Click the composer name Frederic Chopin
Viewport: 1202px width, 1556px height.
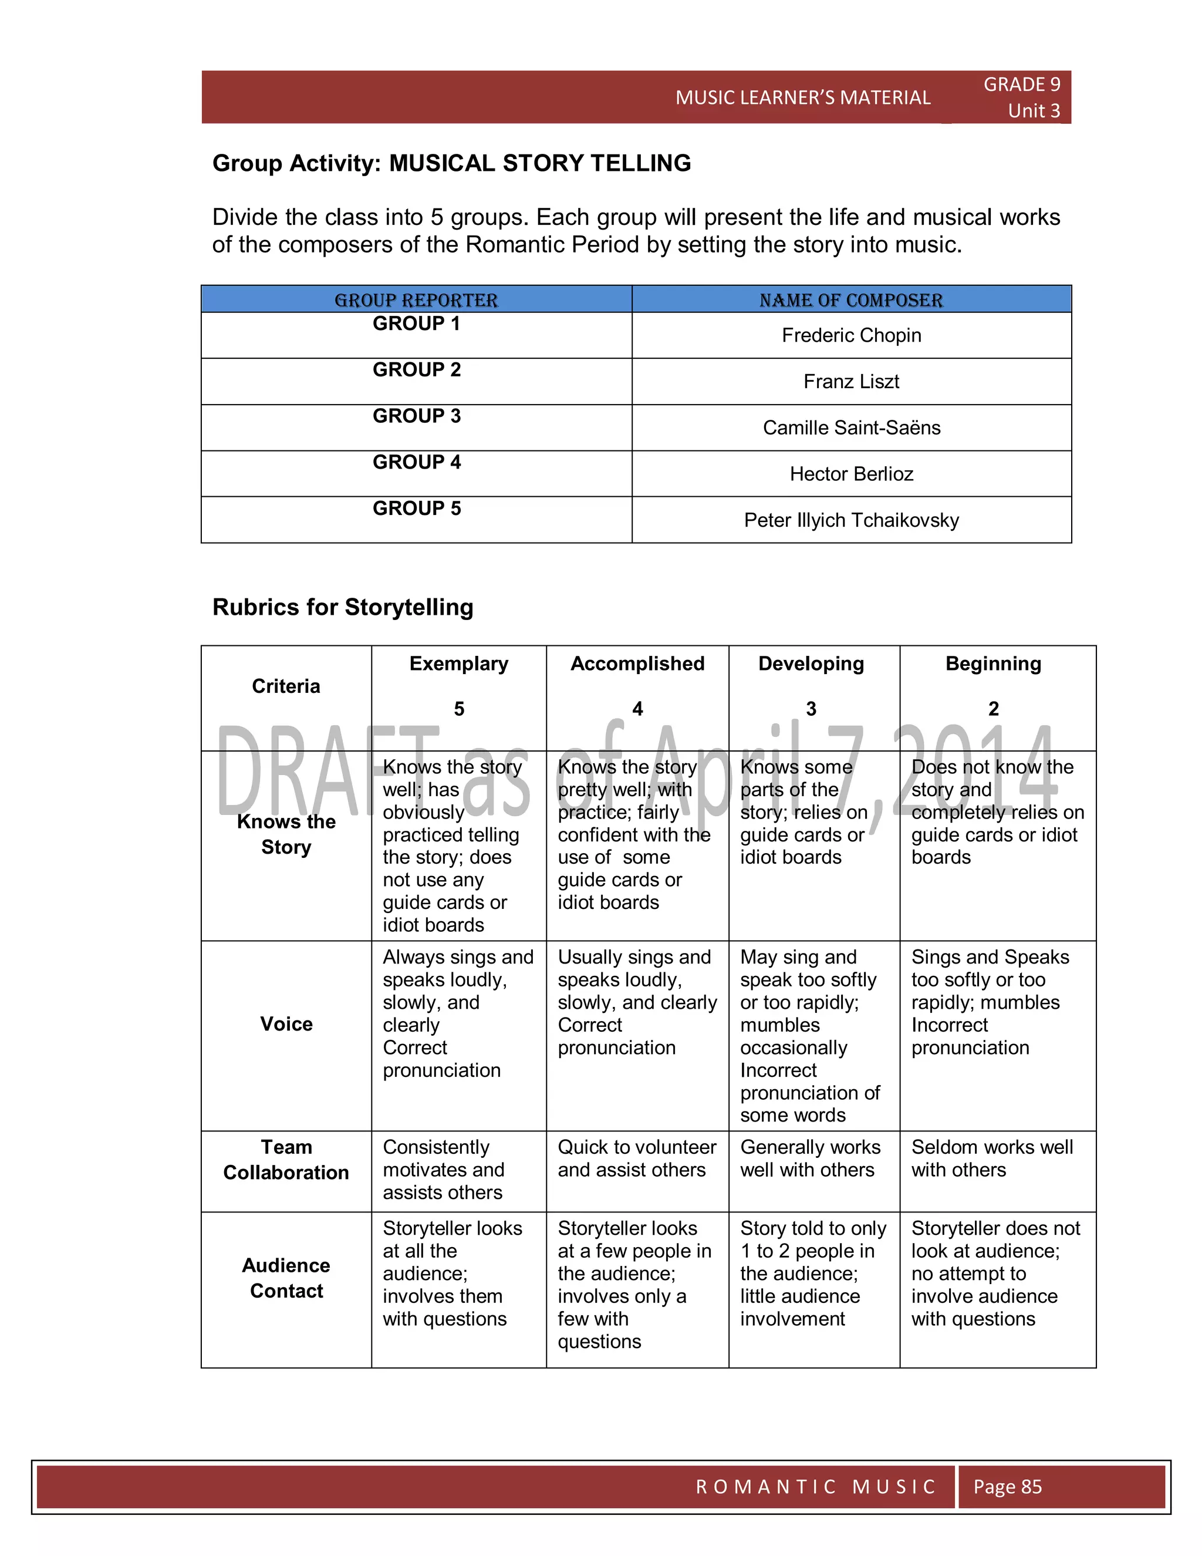point(851,335)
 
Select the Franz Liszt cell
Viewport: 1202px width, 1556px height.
point(851,381)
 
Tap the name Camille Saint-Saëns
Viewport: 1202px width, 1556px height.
point(851,427)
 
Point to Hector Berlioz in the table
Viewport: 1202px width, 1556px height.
point(851,474)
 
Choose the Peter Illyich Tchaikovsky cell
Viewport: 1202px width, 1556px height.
point(851,520)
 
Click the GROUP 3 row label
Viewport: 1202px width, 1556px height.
point(417,416)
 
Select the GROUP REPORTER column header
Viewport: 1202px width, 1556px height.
point(417,300)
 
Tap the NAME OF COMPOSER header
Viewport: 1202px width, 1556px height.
point(851,300)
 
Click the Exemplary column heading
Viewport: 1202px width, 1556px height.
point(458,664)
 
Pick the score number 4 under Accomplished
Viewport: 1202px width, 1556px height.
point(637,709)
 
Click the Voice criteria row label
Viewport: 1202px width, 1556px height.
point(286,1024)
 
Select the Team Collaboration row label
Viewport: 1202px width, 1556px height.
point(286,1159)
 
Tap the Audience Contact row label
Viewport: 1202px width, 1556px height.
point(286,1278)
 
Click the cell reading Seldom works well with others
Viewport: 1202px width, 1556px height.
point(992,1158)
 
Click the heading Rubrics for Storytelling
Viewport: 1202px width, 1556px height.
point(343,607)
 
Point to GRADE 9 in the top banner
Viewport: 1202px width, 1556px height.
point(1021,85)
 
